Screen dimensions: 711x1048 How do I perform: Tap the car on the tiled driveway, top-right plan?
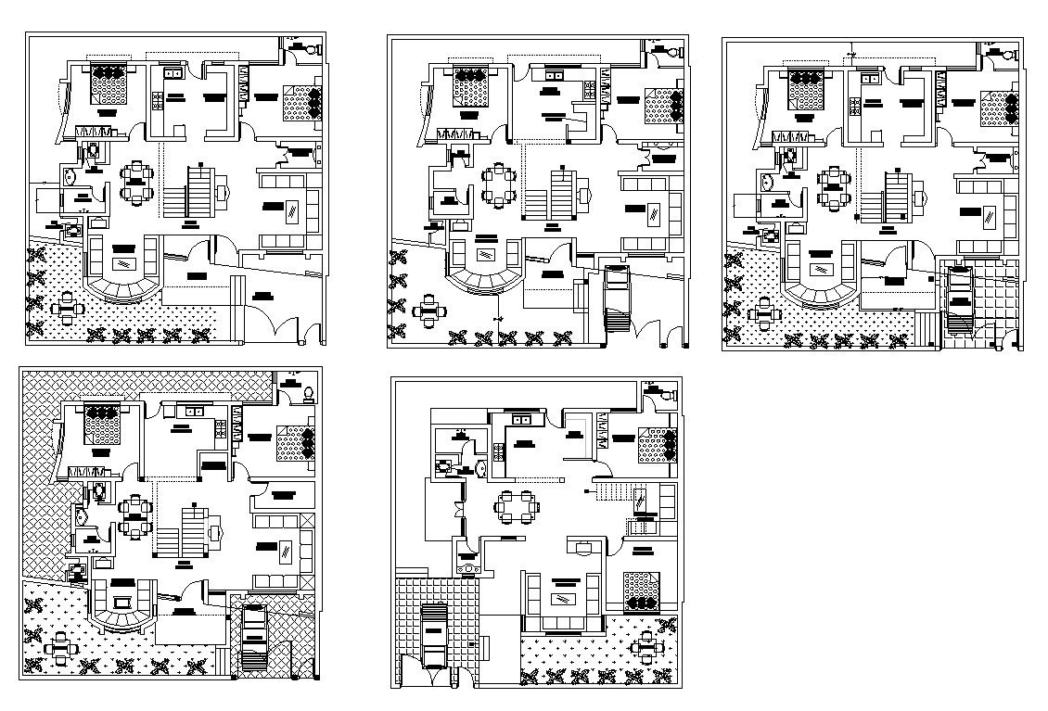(x=960, y=298)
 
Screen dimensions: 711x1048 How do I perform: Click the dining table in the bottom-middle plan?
(x=517, y=506)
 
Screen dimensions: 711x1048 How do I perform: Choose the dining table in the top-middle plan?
(x=500, y=185)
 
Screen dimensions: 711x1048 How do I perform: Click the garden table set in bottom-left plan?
(x=60, y=647)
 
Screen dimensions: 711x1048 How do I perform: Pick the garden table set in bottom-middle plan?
(x=646, y=645)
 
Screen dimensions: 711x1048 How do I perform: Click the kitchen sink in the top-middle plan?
(x=554, y=75)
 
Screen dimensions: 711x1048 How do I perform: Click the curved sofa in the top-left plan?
(x=122, y=273)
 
